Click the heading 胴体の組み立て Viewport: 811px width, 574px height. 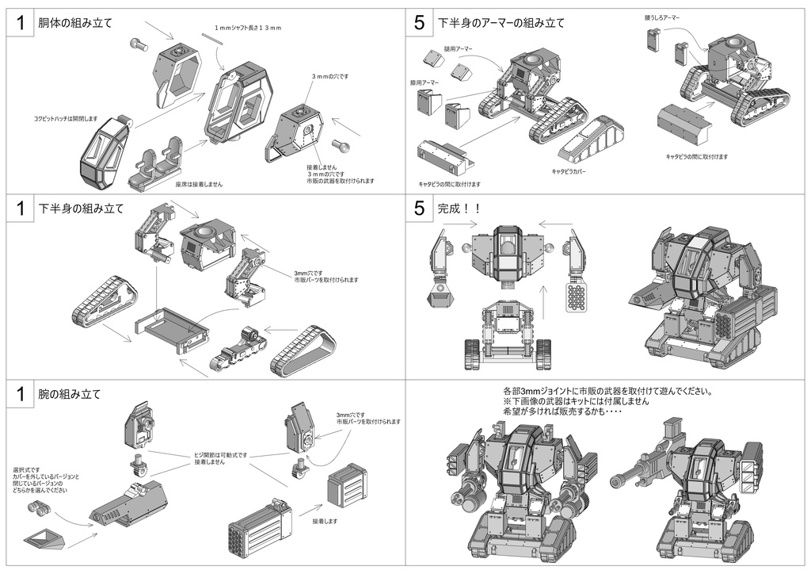75,23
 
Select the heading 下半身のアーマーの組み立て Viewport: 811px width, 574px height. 501,23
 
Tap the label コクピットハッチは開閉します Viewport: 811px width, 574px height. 65,118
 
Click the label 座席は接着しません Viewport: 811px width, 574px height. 199,184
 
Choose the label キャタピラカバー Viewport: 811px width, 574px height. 569,170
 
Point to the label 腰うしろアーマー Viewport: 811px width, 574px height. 662,17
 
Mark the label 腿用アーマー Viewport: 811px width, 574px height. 458,48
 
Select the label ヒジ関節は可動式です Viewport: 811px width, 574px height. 221,455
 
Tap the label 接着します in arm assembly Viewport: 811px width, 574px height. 325,521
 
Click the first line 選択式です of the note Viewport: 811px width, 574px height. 24,469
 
